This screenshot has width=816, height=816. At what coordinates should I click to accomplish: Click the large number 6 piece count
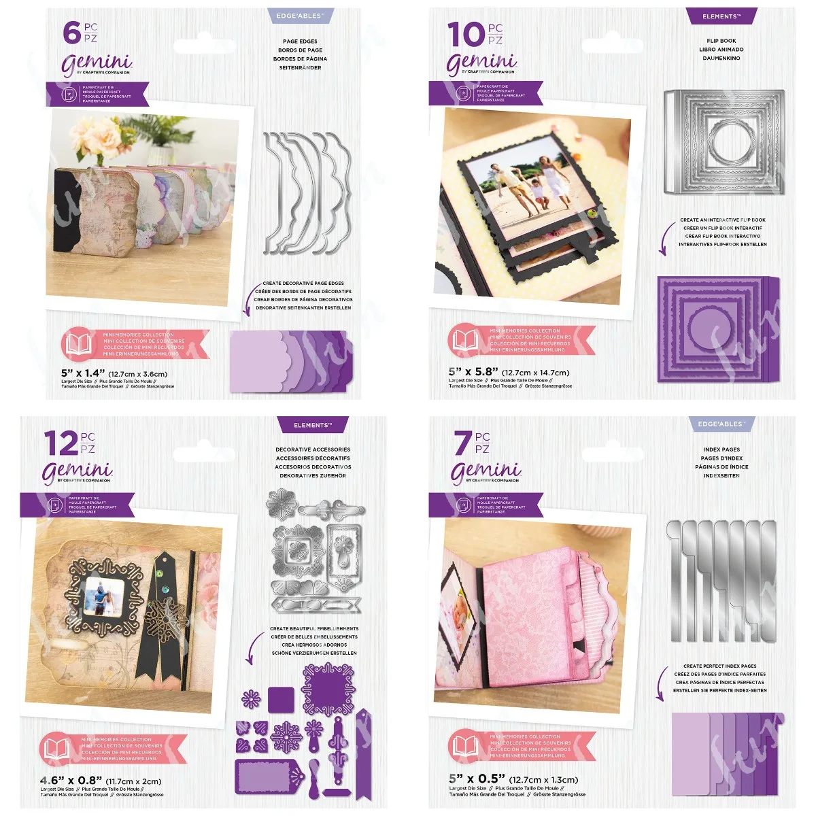pyautogui.click(x=71, y=33)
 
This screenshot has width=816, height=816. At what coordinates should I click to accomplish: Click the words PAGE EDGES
pyautogui.click(x=300, y=41)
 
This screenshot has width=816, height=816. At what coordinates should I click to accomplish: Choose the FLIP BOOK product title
pyautogui.click(x=721, y=41)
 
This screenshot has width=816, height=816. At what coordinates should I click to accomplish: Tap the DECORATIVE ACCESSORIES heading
pyautogui.click(x=313, y=449)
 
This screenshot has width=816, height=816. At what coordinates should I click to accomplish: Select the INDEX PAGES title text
pyautogui.click(x=721, y=449)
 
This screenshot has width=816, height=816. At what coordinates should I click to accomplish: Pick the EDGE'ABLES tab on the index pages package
pyautogui.click(x=721, y=424)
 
